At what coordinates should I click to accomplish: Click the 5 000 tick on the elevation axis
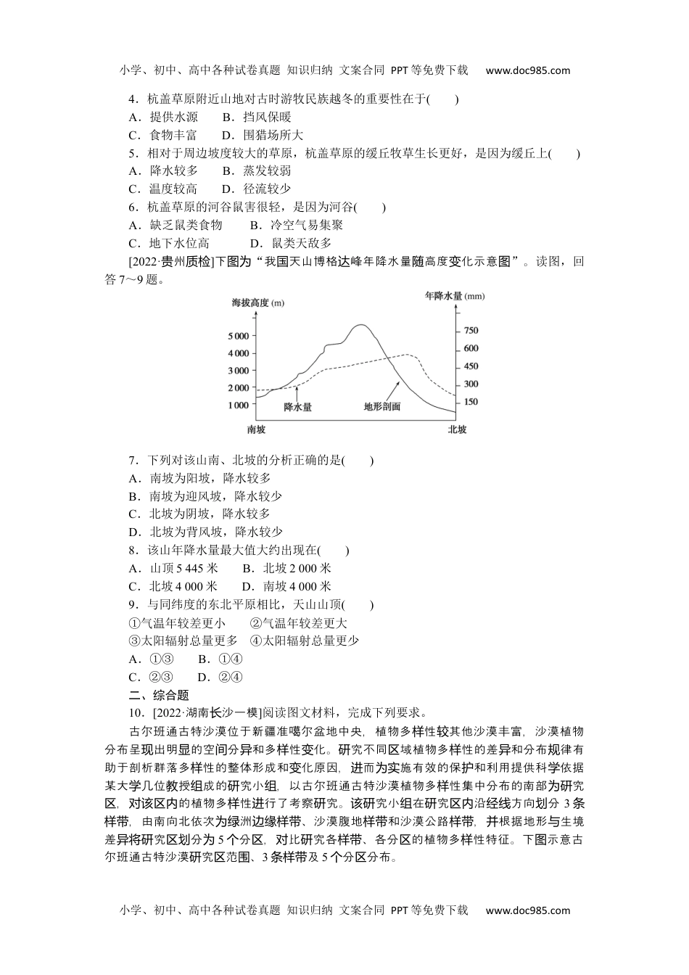(239, 336)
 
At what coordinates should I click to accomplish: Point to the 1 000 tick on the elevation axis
(239, 406)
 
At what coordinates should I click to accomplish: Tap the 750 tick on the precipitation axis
(471, 331)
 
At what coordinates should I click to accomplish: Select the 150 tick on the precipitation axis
(471, 402)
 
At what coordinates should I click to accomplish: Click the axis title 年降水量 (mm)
(455, 296)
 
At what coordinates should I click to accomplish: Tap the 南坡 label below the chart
(256, 429)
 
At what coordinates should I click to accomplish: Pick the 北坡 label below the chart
(457, 429)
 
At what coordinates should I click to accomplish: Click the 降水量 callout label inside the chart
(297, 407)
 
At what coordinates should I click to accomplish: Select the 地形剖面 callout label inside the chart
(382, 407)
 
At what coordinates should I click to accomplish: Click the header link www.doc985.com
(527, 70)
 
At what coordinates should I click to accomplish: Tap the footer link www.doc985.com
(527, 910)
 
